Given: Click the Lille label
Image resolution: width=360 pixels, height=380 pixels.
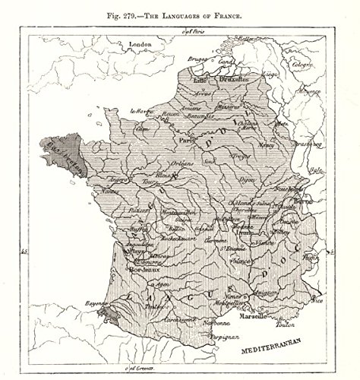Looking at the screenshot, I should click(x=201, y=78).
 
